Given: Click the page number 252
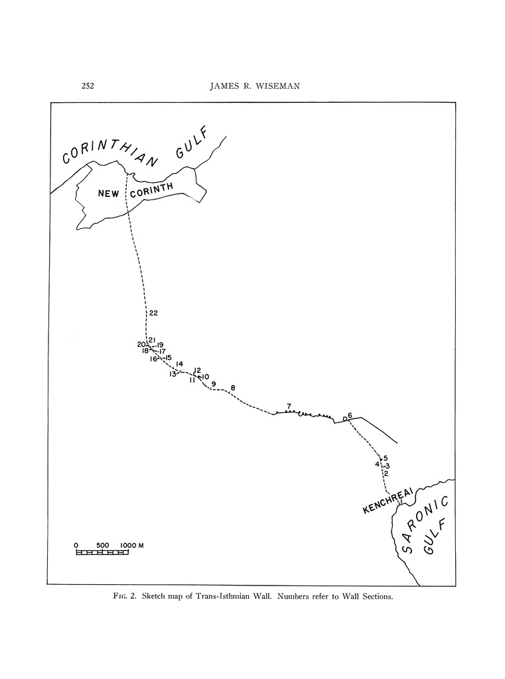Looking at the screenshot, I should (88, 85).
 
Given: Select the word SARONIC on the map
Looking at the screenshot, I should (418, 523).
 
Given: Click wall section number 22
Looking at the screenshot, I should (153, 313).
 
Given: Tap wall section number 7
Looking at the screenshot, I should (289, 406).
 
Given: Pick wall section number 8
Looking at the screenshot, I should (233, 388).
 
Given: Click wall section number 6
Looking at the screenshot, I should (350, 415).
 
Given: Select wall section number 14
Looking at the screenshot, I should (179, 363).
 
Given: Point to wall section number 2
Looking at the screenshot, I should (386, 473).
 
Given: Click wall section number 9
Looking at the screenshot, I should (213, 384).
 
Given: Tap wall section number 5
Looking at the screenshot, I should (385, 458).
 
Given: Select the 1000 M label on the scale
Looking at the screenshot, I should (132, 545).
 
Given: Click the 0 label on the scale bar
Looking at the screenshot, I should (76, 545).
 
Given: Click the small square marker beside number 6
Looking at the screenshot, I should (344, 418).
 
